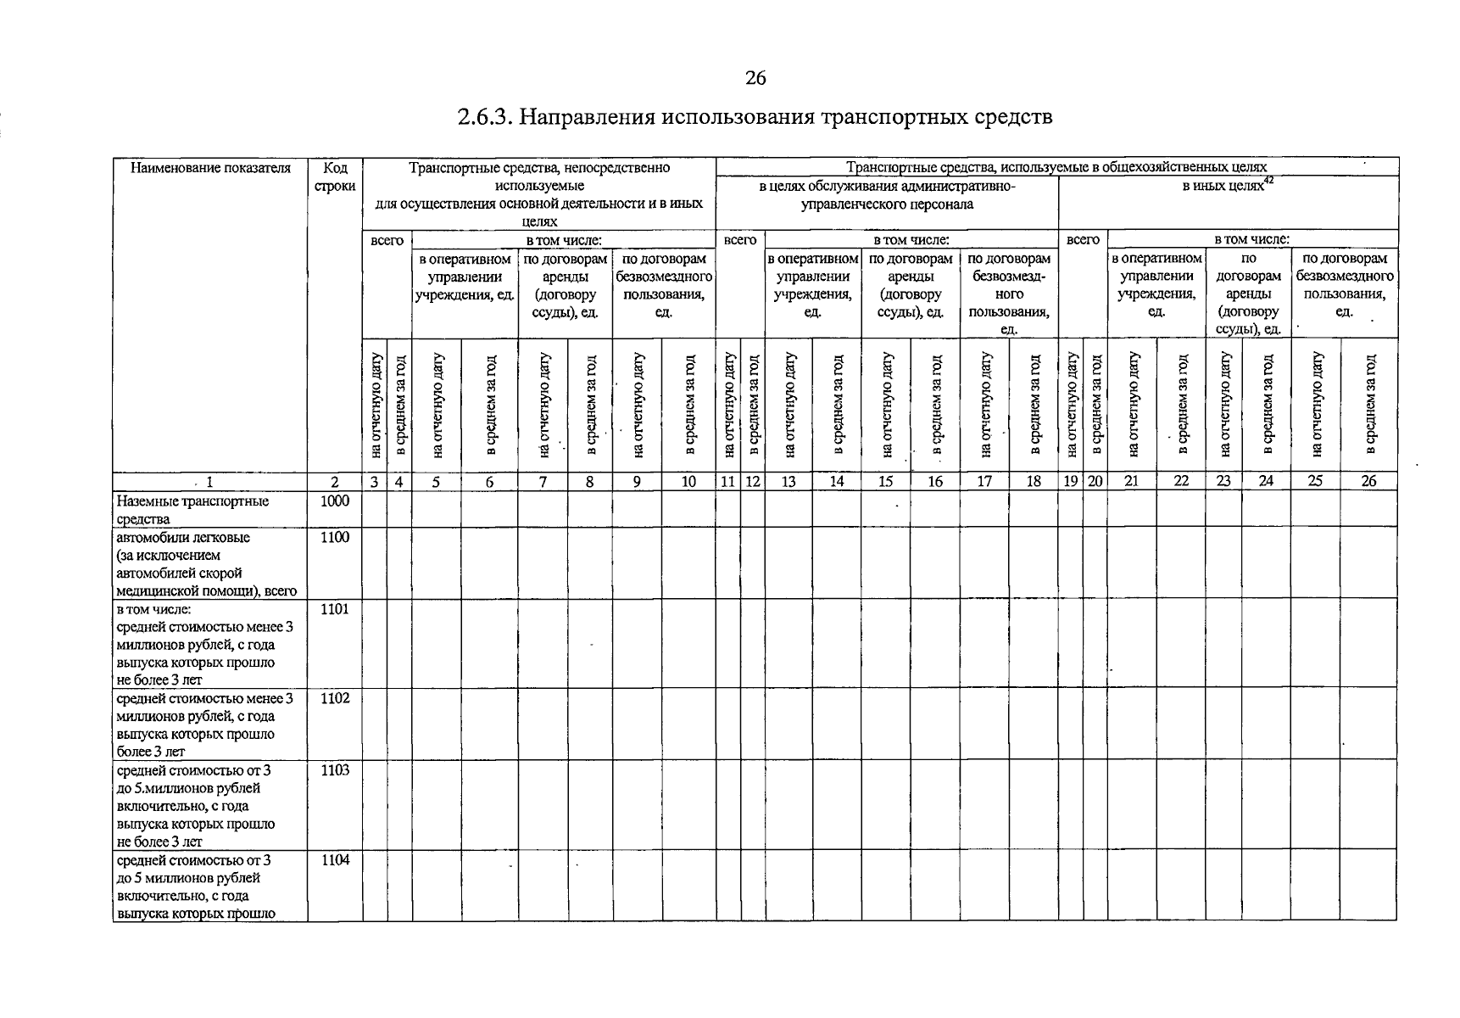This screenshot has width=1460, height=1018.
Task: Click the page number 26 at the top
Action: coord(755,79)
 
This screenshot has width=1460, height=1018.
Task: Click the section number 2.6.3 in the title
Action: coord(483,117)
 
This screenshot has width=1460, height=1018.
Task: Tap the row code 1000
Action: coord(335,501)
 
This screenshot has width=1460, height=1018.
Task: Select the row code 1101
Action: coord(335,609)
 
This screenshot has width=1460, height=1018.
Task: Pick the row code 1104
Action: coord(335,859)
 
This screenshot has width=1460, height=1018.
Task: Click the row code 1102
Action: coord(335,698)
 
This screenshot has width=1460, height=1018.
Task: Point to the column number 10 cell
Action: coord(688,482)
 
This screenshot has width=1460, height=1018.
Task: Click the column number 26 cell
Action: coord(1368,482)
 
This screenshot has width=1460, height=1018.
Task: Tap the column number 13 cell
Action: coord(789,482)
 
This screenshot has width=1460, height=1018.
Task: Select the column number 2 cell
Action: coord(335,482)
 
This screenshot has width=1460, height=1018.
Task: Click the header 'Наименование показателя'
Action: coord(210,168)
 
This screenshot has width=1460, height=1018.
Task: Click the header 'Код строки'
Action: coord(335,176)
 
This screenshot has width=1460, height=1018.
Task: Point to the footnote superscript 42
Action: coord(1269,180)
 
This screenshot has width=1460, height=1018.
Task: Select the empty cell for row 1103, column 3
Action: coord(376,804)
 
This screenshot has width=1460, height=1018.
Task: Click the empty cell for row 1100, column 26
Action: coord(1368,562)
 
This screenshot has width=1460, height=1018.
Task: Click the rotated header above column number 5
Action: coord(437,406)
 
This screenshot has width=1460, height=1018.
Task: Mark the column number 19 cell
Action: coord(1071,482)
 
